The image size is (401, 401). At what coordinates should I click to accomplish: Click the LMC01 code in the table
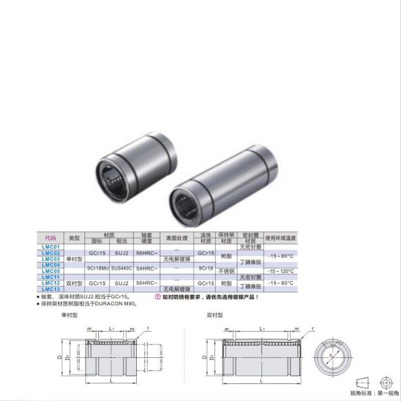pos(51,248)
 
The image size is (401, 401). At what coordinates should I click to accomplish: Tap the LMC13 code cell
pos(51,289)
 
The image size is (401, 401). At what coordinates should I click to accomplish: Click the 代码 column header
pos(51,238)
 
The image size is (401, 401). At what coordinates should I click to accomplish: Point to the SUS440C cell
pos(121,268)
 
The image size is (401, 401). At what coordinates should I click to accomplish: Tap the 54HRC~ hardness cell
pos(146,268)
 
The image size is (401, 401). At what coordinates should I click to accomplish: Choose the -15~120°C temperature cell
pos(281,271)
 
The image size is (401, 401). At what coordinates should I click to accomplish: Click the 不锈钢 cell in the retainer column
pos(226,271)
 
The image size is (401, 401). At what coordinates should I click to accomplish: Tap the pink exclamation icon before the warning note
pos(157,297)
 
